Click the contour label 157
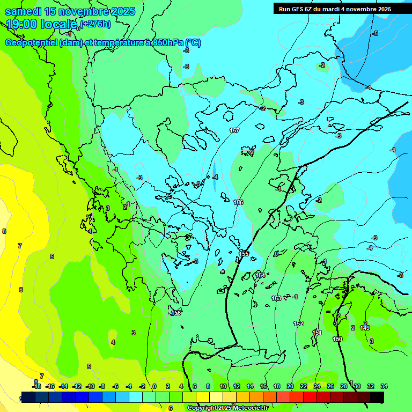(x=234, y=130)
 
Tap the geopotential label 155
(x=244, y=253)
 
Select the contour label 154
(x=260, y=275)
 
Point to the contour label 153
(x=276, y=298)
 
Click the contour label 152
(x=298, y=323)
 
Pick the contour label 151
(x=317, y=333)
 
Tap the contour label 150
(x=337, y=339)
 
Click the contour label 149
(x=365, y=328)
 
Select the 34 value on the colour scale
(x=384, y=386)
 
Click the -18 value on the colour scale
(x=36, y=386)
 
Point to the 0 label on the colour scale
(x=154, y=386)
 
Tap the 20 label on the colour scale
(x=290, y=386)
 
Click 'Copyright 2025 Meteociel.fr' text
(x=227, y=408)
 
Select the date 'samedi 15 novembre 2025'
(x=70, y=11)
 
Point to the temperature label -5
(x=375, y=33)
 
